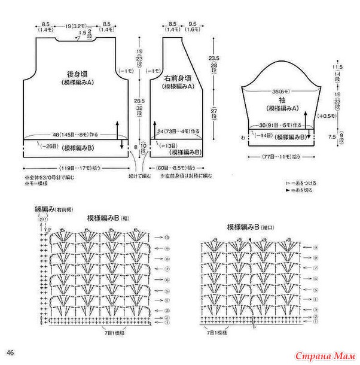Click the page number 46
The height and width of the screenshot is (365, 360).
coord(10,350)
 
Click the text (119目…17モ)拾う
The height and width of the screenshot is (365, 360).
coord(79,168)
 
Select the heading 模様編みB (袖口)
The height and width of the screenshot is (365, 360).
coord(250,227)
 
